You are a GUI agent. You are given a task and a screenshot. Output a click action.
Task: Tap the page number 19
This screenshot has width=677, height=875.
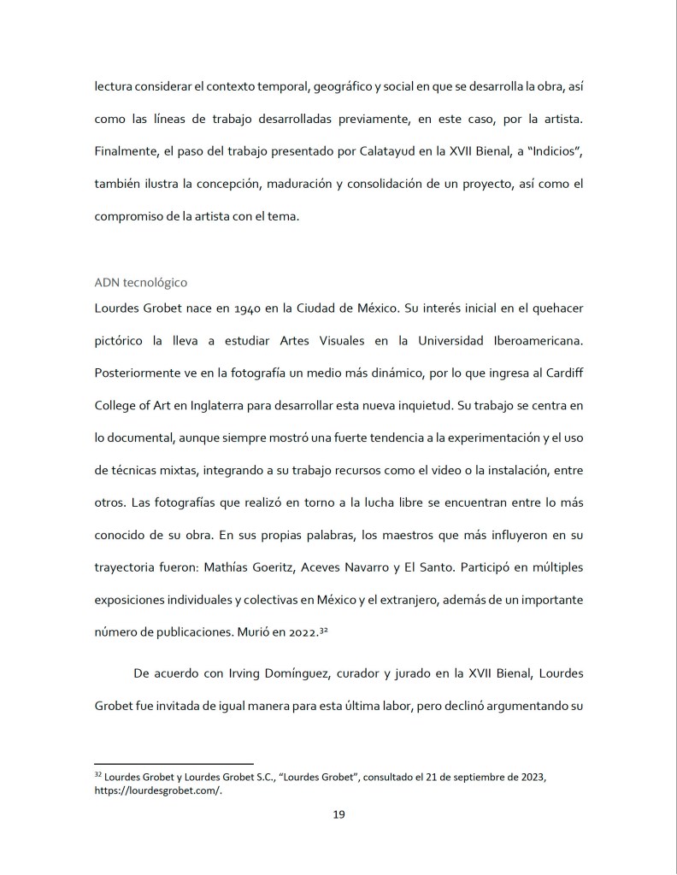(338, 814)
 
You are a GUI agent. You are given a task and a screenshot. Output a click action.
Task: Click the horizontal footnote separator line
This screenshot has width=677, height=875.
(174, 763)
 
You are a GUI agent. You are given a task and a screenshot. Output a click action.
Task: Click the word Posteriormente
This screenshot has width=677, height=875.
(143, 373)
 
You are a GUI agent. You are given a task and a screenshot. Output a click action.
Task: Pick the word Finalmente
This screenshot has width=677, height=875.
(127, 152)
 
